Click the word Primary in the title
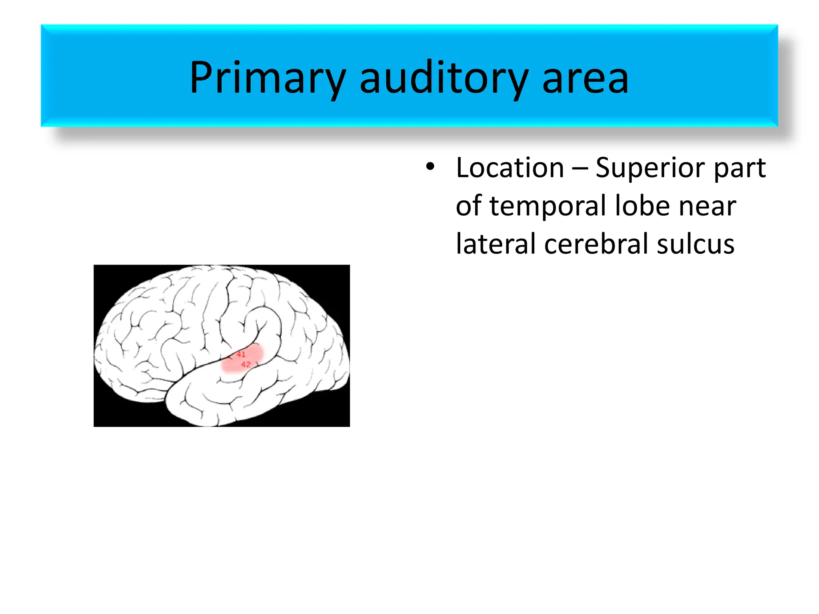pyautogui.click(x=267, y=78)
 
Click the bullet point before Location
pyautogui.click(x=430, y=166)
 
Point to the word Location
pyautogui.click(x=510, y=168)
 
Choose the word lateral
pyautogui.click(x=496, y=244)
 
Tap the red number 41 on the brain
pyautogui.click(x=241, y=354)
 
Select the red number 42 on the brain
pyautogui.click(x=246, y=365)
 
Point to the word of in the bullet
pyautogui.click(x=468, y=207)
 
